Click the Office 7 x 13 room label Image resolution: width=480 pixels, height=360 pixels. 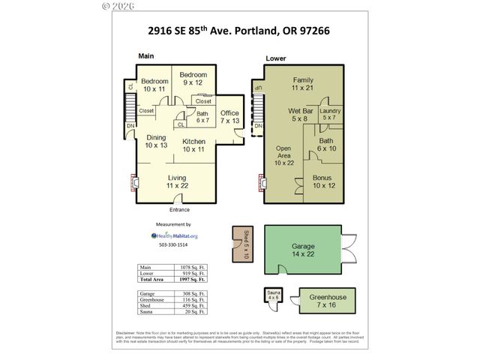229,116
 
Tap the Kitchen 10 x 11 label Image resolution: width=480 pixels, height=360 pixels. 193,145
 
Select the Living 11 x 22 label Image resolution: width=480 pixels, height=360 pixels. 177,181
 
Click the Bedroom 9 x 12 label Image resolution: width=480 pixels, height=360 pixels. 193,79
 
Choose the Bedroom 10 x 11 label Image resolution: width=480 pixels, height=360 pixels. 154,85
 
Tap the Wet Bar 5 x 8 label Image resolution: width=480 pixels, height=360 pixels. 300,114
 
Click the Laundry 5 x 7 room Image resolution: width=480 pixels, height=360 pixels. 328,114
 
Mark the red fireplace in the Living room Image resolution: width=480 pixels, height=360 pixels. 135,183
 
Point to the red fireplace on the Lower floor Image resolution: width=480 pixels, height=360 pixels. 263,183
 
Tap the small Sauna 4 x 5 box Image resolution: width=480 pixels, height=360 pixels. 271,296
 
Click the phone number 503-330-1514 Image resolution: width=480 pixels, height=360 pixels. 173,245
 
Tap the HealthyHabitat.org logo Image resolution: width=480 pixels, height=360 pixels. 173,235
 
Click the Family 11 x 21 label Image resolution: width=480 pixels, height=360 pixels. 303,84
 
